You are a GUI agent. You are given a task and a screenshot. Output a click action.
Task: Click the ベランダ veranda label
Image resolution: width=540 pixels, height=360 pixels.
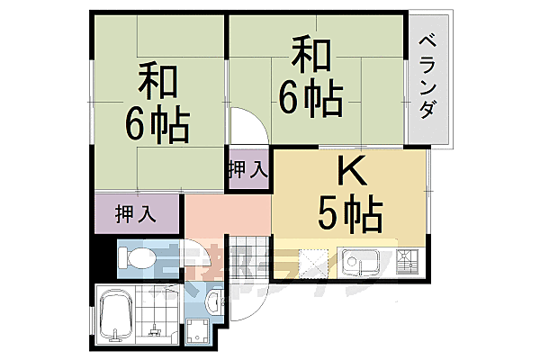(x=429, y=76)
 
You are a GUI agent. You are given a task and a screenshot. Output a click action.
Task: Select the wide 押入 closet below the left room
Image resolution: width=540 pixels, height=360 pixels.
(x=137, y=215)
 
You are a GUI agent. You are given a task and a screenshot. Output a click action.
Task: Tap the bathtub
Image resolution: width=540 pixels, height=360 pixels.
(x=116, y=317)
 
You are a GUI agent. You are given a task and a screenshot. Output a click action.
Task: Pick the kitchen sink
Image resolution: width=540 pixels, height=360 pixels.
(x=363, y=264)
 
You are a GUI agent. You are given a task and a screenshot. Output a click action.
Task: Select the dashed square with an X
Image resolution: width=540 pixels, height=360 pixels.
(x=314, y=262)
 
